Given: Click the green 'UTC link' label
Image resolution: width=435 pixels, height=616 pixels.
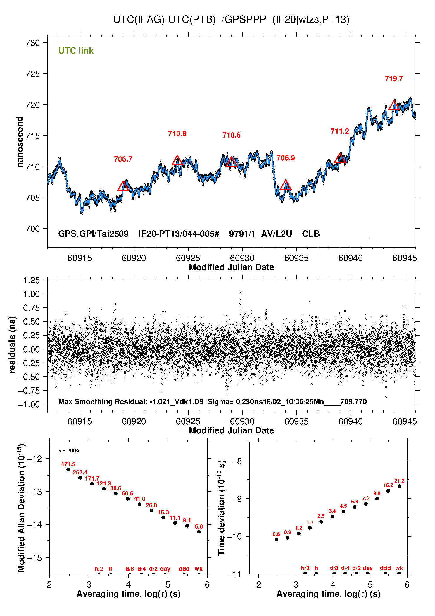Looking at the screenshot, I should (76, 51).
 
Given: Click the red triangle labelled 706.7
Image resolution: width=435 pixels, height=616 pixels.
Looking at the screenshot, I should (123, 186).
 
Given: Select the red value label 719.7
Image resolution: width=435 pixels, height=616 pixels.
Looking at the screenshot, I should (394, 79).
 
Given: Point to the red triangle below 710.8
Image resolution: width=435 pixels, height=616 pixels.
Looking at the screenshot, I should (177, 161).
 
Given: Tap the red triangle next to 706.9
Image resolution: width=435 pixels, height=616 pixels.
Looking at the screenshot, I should (285, 185).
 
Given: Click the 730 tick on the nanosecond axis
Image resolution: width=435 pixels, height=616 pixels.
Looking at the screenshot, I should (32, 43).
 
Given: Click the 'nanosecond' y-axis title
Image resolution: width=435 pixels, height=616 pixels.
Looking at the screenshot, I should (20, 142).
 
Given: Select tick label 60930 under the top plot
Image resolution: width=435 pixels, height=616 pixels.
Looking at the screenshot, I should (242, 258).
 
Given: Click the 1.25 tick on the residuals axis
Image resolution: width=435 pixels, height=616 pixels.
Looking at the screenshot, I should (31, 280).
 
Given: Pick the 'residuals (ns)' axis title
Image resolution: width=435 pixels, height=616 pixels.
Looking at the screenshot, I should (12, 344).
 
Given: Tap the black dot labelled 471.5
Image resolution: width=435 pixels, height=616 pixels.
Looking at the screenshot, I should (68, 469).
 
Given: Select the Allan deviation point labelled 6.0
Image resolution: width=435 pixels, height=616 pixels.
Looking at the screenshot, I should (199, 532).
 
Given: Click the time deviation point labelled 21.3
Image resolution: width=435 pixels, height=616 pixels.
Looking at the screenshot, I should (399, 486).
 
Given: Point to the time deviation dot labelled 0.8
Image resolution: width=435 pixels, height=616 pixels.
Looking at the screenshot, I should (276, 540).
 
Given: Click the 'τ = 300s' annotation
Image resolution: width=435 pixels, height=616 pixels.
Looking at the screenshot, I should (69, 451).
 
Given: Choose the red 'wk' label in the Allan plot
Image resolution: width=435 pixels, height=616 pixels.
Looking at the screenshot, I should (198, 569).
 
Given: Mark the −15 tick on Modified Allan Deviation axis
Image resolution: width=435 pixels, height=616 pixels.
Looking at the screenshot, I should (34, 558).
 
